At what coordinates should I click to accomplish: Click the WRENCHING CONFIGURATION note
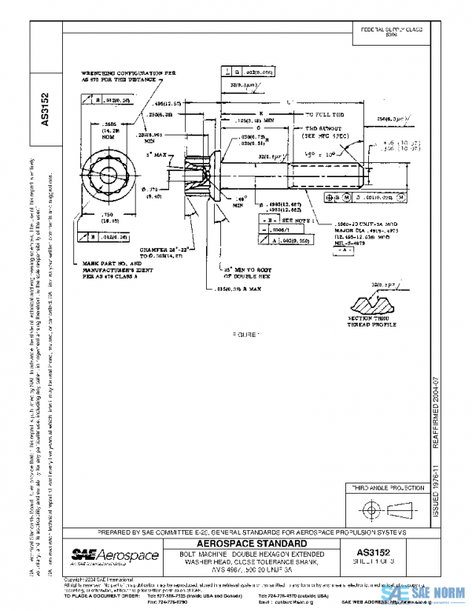click(x=126, y=76)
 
